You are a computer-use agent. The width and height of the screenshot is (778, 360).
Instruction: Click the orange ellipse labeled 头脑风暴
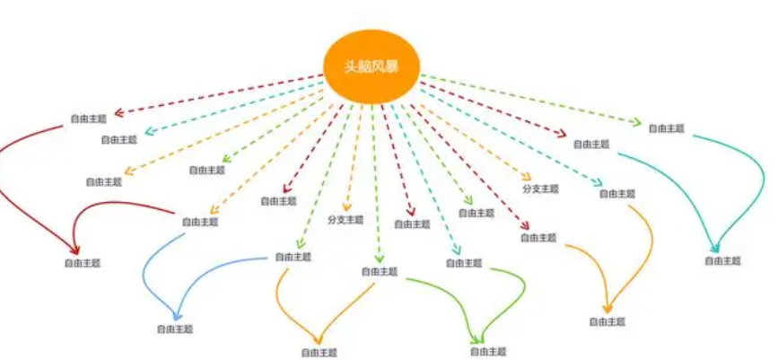(x=372, y=67)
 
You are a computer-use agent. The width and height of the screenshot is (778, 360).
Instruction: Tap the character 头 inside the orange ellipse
(x=351, y=67)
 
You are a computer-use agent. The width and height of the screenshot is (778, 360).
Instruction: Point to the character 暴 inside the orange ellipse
(x=392, y=67)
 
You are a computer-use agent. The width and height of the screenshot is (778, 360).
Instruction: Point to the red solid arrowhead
(x=75, y=250)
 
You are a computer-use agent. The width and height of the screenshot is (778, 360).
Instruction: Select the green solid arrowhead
(x=477, y=340)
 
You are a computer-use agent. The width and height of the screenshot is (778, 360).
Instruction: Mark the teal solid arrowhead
(x=715, y=247)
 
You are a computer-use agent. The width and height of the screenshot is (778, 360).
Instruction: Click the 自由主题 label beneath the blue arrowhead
(x=175, y=329)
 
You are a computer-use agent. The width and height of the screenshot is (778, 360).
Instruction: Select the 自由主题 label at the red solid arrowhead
(x=83, y=263)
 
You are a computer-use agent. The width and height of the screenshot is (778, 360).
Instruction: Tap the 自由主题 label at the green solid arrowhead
(x=488, y=352)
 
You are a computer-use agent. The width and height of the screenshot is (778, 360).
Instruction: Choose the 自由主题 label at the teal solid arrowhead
(x=723, y=260)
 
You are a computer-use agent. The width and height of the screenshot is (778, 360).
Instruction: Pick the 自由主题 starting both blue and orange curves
(x=293, y=257)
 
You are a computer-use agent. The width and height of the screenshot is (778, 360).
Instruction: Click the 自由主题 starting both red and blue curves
(x=200, y=222)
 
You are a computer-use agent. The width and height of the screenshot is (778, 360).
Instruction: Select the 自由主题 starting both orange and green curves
(x=380, y=271)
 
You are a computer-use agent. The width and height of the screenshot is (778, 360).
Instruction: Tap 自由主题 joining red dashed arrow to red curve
(x=88, y=119)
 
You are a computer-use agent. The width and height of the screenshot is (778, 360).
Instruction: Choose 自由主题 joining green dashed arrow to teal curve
(x=667, y=128)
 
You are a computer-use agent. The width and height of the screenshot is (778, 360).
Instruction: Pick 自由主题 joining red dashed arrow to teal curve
(x=591, y=144)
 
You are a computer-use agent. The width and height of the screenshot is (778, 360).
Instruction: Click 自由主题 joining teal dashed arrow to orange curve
(x=617, y=194)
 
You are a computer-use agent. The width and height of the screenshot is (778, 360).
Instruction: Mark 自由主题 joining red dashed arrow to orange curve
(x=538, y=237)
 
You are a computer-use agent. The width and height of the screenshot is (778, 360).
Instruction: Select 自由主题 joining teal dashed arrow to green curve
(x=464, y=263)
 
